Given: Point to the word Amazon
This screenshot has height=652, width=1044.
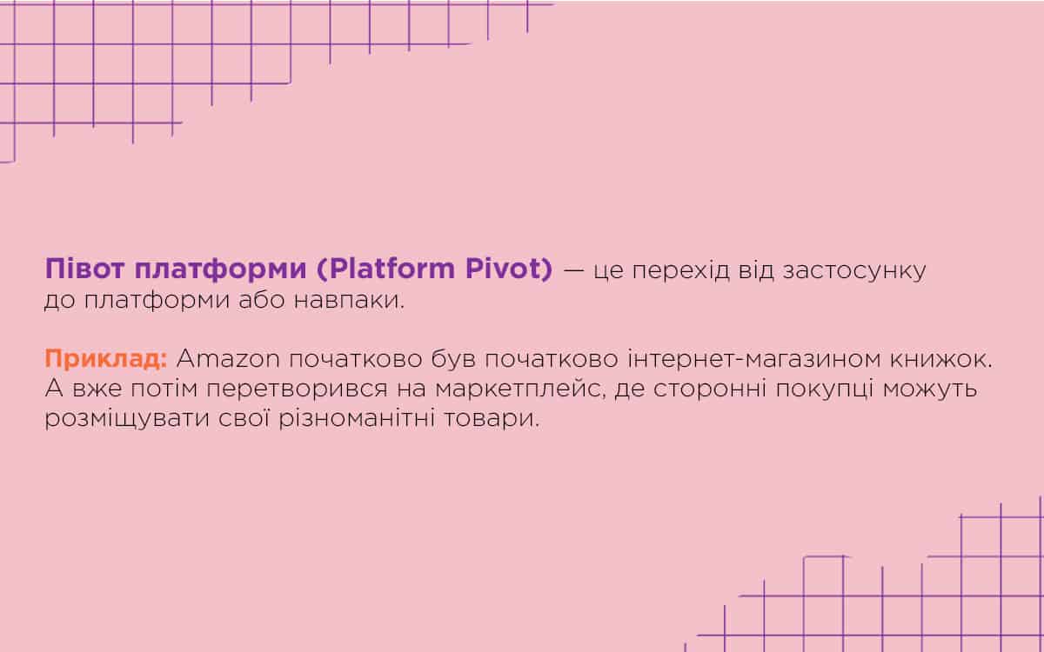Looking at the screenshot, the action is [x=228, y=359].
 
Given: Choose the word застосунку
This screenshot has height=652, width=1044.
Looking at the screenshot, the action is [x=854, y=271].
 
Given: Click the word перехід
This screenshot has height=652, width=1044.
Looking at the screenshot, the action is [x=680, y=271].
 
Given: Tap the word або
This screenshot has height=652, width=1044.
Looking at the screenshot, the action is [x=262, y=299].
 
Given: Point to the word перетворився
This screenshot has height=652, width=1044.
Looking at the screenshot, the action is [x=297, y=389].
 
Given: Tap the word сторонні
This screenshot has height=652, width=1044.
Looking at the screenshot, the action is [x=709, y=389].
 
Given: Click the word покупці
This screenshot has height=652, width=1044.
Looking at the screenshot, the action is [x=824, y=389].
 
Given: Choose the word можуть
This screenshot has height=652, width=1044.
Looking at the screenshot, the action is [x=930, y=389].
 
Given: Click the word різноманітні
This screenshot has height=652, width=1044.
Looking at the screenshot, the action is [x=357, y=418].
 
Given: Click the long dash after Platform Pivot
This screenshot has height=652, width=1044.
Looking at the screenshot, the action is [x=573, y=271].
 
